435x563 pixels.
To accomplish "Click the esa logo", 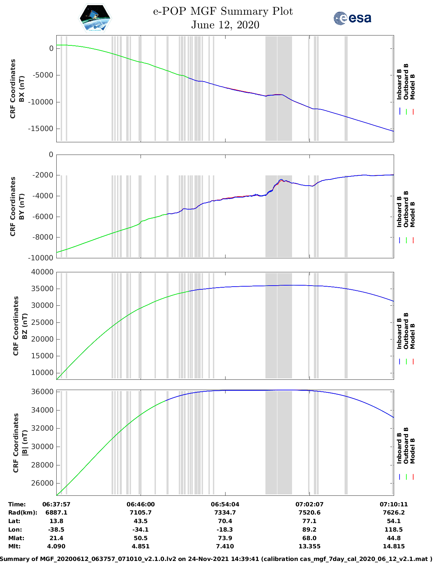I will [352, 18].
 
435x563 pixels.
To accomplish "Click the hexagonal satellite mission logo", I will [95, 18].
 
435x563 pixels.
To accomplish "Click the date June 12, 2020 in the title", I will [225, 25].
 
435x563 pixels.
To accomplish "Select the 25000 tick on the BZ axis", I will [42, 322].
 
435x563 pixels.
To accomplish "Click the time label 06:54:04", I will [225, 504].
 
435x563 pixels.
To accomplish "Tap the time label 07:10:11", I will [393, 504].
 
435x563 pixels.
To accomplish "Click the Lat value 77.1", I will [309, 521].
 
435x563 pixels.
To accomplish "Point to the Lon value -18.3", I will [225, 530].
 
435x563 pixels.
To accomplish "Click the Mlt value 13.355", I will [309, 546].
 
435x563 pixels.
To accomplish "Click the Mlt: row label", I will [14, 546].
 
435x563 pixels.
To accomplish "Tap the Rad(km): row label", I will [23, 513].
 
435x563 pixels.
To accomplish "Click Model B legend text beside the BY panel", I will [412, 214].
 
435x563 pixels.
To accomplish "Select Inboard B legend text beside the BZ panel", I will [399, 333].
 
